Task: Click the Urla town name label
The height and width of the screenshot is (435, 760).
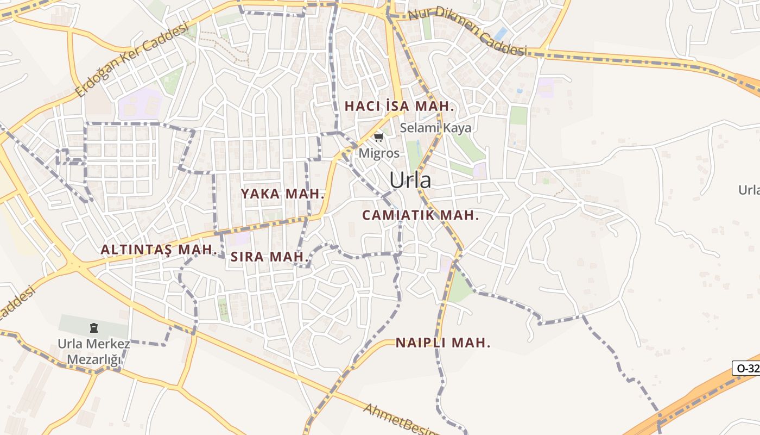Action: pyautogui.click(x=410, y=181)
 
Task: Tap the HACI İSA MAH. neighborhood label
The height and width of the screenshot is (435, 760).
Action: pyautogui.click(x=399, y=106)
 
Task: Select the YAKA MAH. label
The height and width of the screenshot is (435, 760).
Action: pyautogui.click(x=282, y=194)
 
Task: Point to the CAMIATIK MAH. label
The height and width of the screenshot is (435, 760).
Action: pyautogui.click(x=421, y=215)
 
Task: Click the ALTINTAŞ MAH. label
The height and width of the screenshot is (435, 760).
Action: pyautogui.click(x=159, y=250)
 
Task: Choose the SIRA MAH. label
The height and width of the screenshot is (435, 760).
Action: pyautogui.click(x=270, y=257)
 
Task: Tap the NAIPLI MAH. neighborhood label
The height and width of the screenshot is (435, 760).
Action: pyautogui.click(x=443, y=343)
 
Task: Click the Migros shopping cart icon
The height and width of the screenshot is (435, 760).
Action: pyautogui.click(x=378, y=137)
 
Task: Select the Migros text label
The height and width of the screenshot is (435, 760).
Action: pyautogui.click(x=379, y=153)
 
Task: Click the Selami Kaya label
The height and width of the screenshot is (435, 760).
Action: pyautogui.click(x=436, y=128)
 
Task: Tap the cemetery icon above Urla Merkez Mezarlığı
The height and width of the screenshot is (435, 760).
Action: pyautogui.click(x=94, y=328)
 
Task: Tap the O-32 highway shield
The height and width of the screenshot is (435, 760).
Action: pyautogui.click(x=747, y=368)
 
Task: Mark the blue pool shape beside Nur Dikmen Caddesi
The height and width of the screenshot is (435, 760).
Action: pyautogui.click(x=500, y=34)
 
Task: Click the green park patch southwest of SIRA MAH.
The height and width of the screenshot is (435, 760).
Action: pyautogui.click(x=223, y=308)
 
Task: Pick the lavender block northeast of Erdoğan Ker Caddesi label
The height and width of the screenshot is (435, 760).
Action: pyautogui.click(x=141, y=104)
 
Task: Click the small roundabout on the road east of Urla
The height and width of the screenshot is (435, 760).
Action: pyautogui.click(x=580, y=203)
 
